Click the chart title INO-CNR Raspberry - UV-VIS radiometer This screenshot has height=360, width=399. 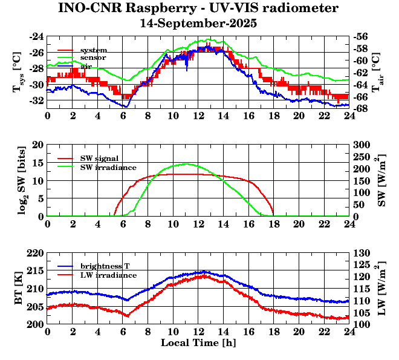(x=198, y=8)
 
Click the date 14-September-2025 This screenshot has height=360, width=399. (x=198, y=24)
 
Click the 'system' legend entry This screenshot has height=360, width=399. (x=94, y=50)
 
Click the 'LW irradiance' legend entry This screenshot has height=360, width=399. (x=108, y=275)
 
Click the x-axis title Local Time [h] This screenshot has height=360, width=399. (x=198, y=343)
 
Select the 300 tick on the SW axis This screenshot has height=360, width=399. (x=361, y=145)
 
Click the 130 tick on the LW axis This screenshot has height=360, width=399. (x=361, y=252)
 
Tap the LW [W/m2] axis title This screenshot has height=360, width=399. (x=381, y=289)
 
